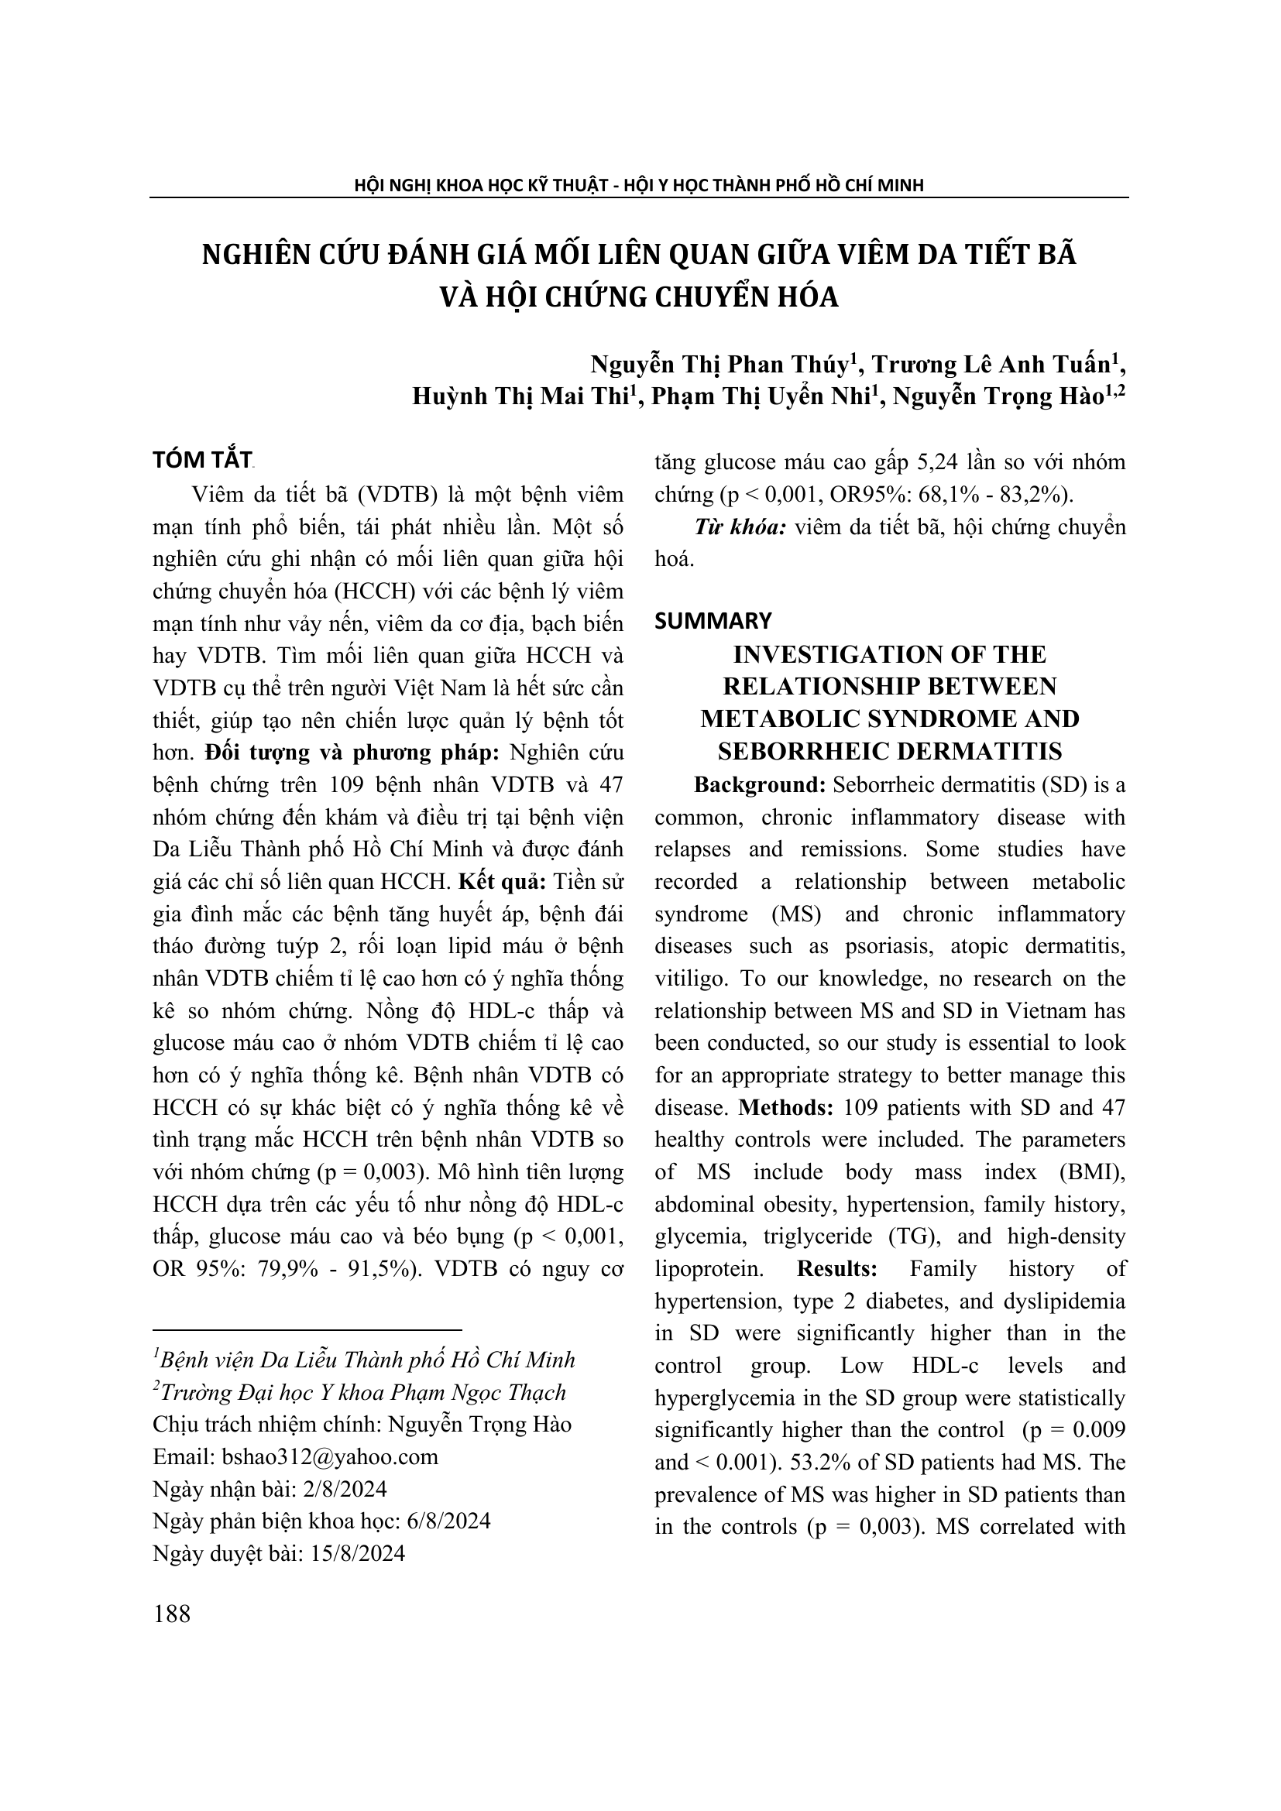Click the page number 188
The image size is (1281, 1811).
click(x=172, y=1614)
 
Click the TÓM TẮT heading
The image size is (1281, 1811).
click(x=203, y=460)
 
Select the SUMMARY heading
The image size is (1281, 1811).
click(x=713, y=621)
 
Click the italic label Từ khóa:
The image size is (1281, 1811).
click(x=740, y=527)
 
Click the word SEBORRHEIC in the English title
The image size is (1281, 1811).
click(x=798, y=751)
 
